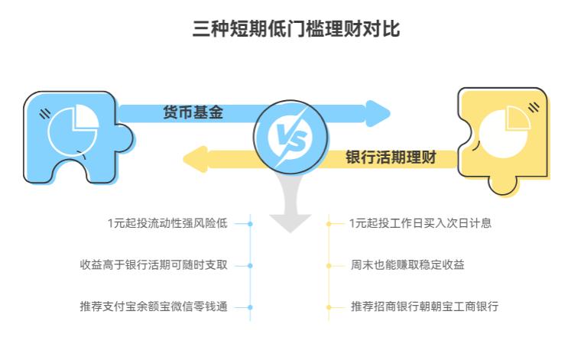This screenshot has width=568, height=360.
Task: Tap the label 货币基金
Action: coord(193,112)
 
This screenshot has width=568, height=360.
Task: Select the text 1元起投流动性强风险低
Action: coord(167,224)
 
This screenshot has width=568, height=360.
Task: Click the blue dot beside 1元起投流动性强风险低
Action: coord(250,224)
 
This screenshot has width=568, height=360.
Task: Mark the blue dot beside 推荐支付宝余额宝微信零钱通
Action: coord(250,307)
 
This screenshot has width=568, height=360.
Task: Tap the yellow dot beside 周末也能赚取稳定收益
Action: coord(329,266)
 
